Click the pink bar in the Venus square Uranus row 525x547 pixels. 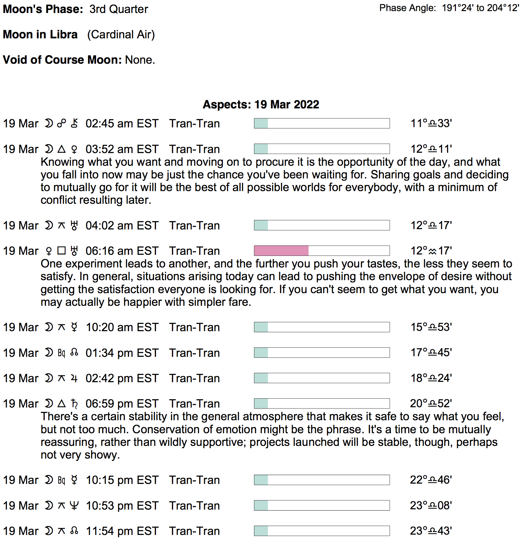(x=281, y=251)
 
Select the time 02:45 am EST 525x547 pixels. (x=122, y=123)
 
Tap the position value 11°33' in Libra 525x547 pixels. (x=431, y=123)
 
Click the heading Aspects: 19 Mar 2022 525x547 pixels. (x=261, y=104)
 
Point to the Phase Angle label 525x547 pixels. (x=407, y=8)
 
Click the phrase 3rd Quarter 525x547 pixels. (x=119, y=9)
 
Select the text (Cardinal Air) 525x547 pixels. (x=121, y=35)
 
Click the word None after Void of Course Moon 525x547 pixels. (x=140, y=60)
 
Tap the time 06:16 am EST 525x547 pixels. (x=122, y=251)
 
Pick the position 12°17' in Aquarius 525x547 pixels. (x=431, y=251)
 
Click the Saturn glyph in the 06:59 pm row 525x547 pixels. (x=74, y=403)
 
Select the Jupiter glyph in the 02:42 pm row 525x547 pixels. (x=74, y=378)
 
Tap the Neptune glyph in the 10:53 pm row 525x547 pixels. (x=74, y=505)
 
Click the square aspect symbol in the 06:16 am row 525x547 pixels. (x=62, y=251)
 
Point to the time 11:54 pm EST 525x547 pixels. (x=122, y=531)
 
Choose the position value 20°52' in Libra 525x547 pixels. (x=431, y=403)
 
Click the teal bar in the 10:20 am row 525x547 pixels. (x=261, y=327)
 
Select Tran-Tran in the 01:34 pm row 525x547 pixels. (x=194, y=353)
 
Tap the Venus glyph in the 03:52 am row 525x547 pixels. (x=74, y=149)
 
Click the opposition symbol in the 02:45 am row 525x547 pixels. (x=62, y=123)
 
